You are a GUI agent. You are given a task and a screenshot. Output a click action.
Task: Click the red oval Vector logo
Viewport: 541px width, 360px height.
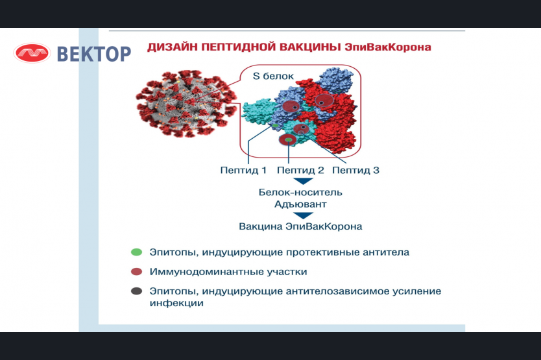coord(32,53)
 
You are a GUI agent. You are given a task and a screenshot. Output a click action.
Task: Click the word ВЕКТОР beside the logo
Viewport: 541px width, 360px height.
coord(94,54)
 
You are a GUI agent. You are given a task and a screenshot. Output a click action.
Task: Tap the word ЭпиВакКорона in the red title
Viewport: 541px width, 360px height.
coord(388,47)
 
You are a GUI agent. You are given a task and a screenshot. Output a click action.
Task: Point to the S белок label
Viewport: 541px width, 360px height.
coord(273,77)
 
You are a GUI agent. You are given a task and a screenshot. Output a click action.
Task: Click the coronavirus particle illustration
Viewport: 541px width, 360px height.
coord(186,104)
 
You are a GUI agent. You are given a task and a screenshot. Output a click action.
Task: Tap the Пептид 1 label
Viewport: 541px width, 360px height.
coord(243,170)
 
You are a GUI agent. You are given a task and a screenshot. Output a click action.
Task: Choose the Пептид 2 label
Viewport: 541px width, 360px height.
coord(300,170)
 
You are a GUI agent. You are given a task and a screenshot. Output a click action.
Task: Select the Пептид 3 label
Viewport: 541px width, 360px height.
coord(355,170)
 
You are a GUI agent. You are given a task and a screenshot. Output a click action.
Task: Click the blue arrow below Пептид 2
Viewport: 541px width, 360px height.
coord(303,181)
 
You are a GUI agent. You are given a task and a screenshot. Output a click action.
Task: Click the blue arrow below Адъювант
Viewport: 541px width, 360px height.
coord(303,215)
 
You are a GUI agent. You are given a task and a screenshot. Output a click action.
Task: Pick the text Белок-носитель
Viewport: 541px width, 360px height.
coord(300,192)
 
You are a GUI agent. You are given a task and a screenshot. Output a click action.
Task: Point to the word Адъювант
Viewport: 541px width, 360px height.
coord(300,204)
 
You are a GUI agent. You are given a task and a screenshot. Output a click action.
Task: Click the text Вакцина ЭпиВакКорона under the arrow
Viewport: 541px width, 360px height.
coord(300,226)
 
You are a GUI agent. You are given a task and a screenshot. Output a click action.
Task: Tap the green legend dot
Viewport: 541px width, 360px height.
coord(137,252)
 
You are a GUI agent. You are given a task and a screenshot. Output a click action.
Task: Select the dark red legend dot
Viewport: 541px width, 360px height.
coord(137,272)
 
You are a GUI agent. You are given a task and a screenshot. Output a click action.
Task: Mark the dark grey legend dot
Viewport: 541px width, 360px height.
coord(137,291)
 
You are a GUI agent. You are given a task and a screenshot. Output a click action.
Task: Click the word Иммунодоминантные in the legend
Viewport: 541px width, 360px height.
coord(206,272)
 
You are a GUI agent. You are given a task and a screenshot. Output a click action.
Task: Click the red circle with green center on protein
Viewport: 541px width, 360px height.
coord(287,140)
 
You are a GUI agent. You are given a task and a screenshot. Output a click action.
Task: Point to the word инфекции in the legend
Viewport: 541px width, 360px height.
coord(176,303)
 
